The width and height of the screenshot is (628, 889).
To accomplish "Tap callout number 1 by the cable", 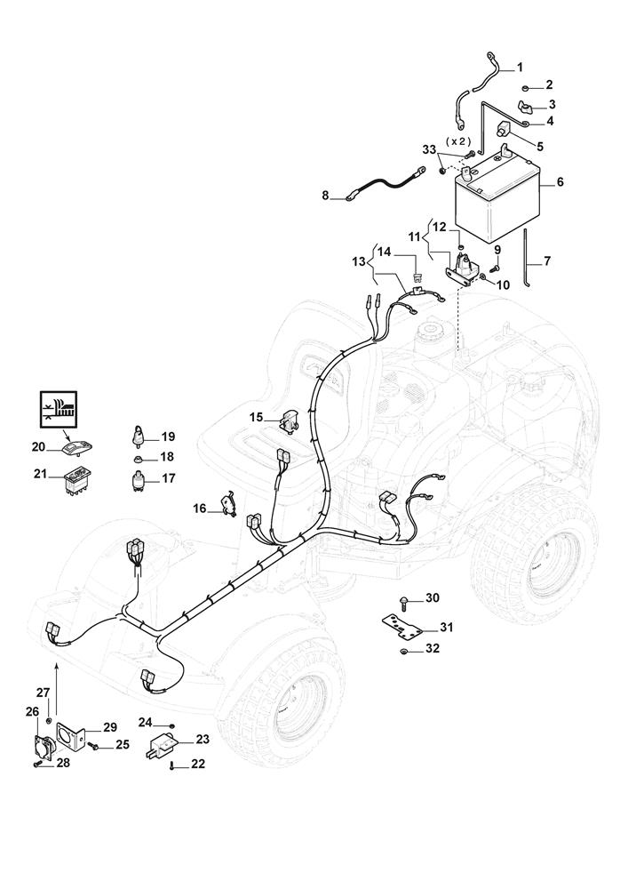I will pos(520,68).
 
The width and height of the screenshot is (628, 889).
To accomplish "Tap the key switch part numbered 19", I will pos(140,436).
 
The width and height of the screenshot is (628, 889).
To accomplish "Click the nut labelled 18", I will pos(140,458).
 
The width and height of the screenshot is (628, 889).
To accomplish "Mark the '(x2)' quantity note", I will pos(458,142).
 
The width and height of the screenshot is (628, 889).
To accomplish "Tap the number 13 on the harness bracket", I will pos(358,262).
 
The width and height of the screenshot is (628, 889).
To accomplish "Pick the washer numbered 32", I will pos(403,653).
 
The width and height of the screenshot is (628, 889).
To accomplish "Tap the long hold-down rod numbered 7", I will pos(528,258).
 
